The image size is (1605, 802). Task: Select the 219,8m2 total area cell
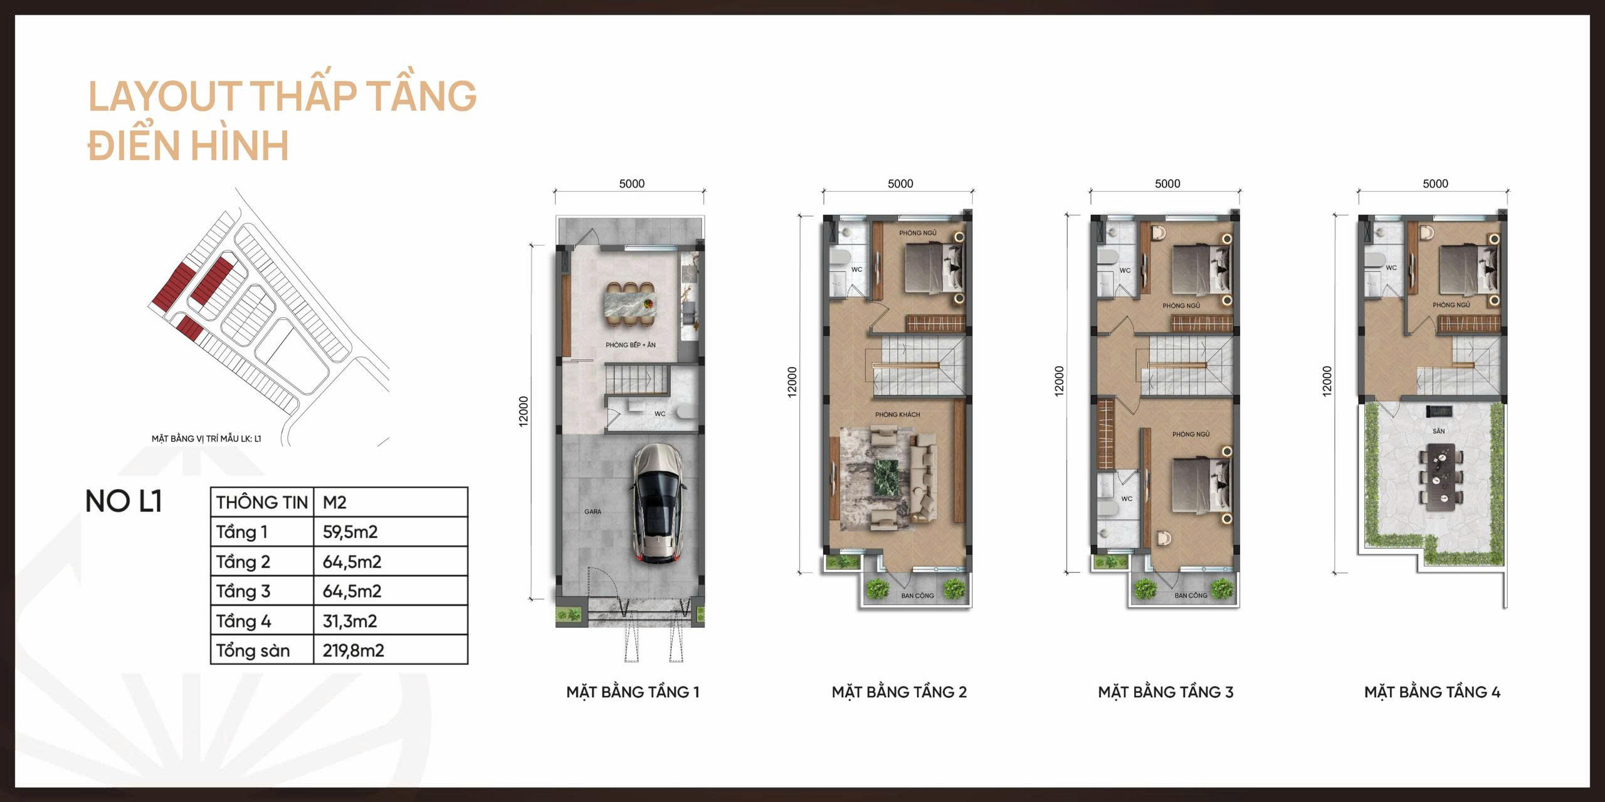pos(353,650)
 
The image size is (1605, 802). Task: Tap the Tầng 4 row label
pos(244,621)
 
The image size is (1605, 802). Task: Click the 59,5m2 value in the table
pos(350,532)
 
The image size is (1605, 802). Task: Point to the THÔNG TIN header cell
pos(262,502)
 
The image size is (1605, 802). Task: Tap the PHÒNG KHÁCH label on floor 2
pos(897,414)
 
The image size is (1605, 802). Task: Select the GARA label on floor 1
pos(592,512)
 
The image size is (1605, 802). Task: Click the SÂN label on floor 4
pos(1438,431)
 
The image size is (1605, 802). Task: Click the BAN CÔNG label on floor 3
pos(1191,595)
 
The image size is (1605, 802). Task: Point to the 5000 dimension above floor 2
pos(900,184)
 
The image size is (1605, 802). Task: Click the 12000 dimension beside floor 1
pos(524,411)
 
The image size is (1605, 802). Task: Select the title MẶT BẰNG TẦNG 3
pos(1165,692)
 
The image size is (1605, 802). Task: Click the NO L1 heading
pos(124,502)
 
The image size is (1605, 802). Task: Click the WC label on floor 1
pos(660,414)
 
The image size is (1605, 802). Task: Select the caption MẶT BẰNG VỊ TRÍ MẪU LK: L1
pos(206,438)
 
